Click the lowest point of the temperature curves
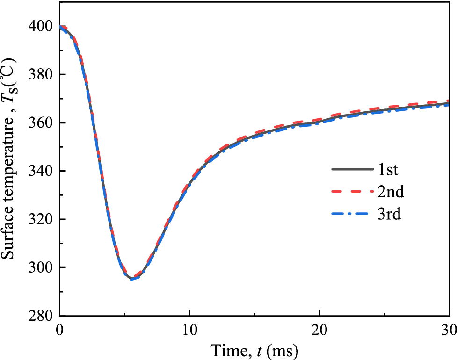(132, 279)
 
